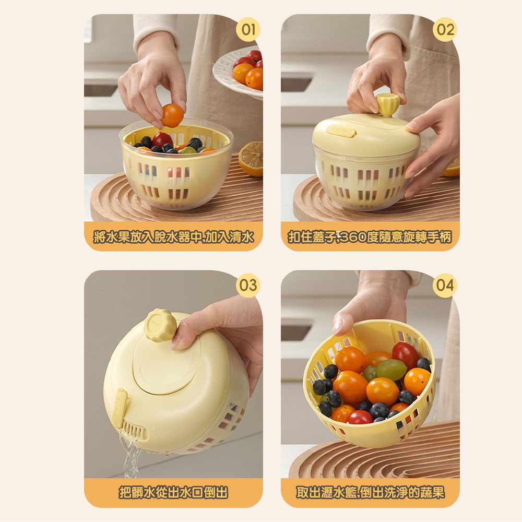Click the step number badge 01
[248, 29]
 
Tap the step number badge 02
[445, 29]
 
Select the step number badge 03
[248, 286]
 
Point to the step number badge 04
[445, 286]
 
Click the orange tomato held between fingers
[172, 115]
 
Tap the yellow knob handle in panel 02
[387, 104]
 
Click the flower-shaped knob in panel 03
[160, 325]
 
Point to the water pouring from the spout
[132, 455]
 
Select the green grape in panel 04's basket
[391, 370]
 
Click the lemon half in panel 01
[251, 159]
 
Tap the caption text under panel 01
[173, 237]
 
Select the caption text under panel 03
[173, 492]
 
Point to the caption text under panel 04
[370, 492]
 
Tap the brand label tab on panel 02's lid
[340, 131]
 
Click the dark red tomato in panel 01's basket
[162, 140]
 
